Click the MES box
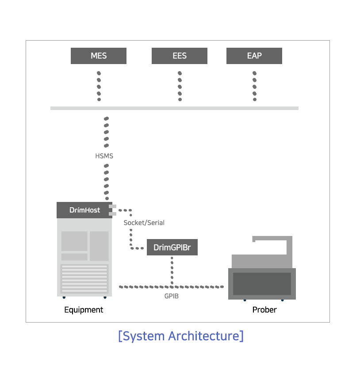[99, 56]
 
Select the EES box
[180, 56]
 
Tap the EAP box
[254, 56]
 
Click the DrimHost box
[84, 210]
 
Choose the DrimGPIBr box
[172, 247]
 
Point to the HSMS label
[104, 156]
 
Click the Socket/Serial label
[144, 223]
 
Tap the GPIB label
[172, 296]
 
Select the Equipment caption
[84, 310]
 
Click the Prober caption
[264, 310]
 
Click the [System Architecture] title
[181, 336]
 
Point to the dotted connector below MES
[99, 86]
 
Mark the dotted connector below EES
[180, 86]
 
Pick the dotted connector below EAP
[254, 86]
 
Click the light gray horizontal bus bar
[174, 108]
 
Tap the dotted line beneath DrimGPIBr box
[172, 270]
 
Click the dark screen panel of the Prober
[262, 284]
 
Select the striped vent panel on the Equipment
[84, 279]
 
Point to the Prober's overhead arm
[272, 245]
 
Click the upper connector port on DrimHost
[113, 206]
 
